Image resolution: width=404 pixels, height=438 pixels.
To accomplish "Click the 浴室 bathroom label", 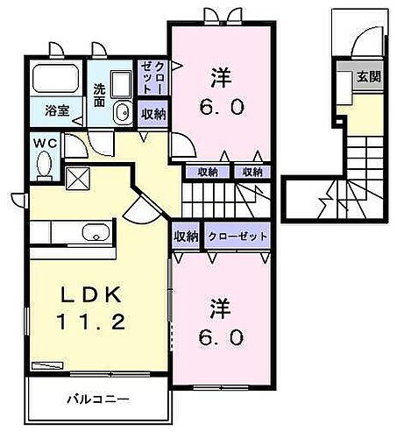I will [x=46, y=111].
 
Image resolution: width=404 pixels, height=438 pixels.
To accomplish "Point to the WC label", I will [x=44, y=143].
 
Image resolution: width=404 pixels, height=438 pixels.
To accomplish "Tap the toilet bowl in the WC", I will [x=43, y=164].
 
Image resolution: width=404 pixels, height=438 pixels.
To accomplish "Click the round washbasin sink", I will [x=122, y=111].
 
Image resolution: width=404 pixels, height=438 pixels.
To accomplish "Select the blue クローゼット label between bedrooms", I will [x=238, y=237].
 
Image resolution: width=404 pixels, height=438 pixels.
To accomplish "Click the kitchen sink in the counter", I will [x=93, y=232].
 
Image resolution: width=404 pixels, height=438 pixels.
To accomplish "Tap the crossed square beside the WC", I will [x=77, y=177].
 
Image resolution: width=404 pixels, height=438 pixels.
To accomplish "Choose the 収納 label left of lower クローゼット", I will [x=186, y=237].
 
